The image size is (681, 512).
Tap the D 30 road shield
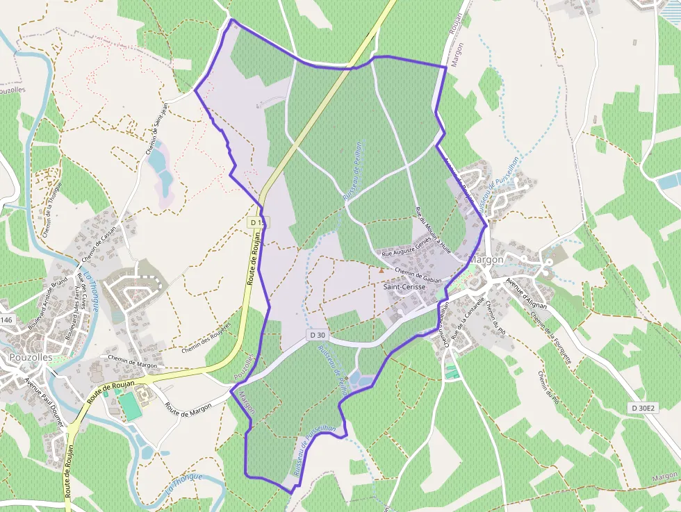[318, 335]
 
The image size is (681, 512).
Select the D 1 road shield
[256, 222]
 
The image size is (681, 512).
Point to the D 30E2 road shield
[644, 408]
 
